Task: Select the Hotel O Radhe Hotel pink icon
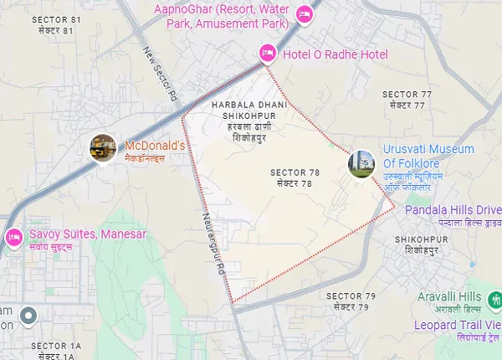point(267,54)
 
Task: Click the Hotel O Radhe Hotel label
point(336,54)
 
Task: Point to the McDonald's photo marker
point(103,147)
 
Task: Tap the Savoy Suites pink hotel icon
point(13,236)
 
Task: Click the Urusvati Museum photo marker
point(361,162)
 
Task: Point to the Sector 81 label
point(52,24)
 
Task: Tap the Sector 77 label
point(407,99)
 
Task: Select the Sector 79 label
point(351,301)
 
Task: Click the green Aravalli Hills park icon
point(495,297)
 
